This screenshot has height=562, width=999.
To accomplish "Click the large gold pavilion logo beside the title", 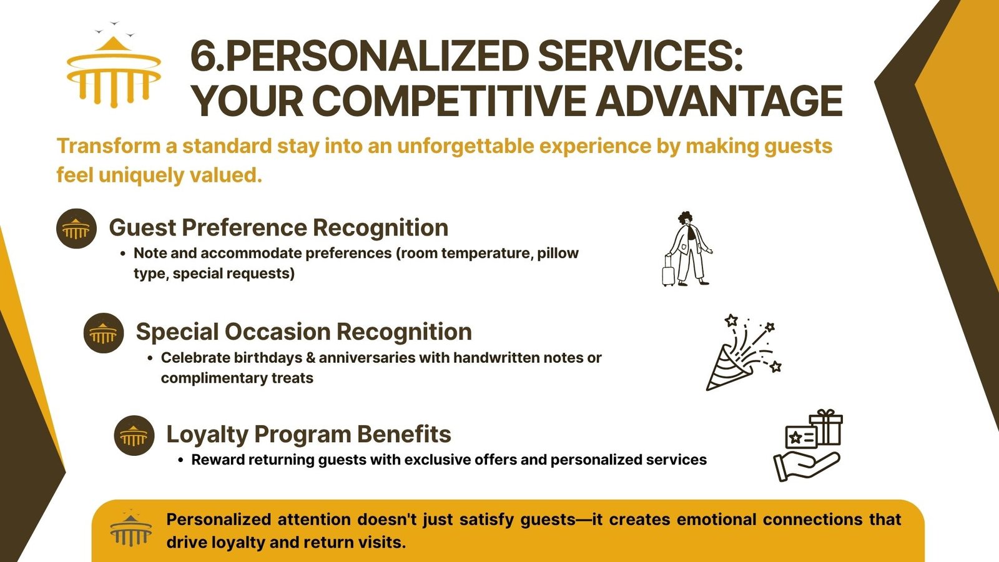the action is tap(113, 71).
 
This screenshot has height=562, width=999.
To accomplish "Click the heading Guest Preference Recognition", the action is tap(278, 227).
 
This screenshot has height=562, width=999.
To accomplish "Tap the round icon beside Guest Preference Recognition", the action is tap(76, 229).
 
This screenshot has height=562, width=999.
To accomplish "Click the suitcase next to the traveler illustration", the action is tap(669, 271).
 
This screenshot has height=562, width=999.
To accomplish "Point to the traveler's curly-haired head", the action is tap(686, 219).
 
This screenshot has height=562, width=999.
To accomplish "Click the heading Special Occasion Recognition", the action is tap(303, 332).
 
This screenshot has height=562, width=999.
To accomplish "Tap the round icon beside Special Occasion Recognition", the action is tap(104, 333).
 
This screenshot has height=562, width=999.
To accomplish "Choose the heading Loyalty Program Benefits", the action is tap(308, 435).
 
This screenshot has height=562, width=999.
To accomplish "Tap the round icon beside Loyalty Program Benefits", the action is tap(134, 435).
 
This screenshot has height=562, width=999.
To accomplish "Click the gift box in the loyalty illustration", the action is tap(826, 427).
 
